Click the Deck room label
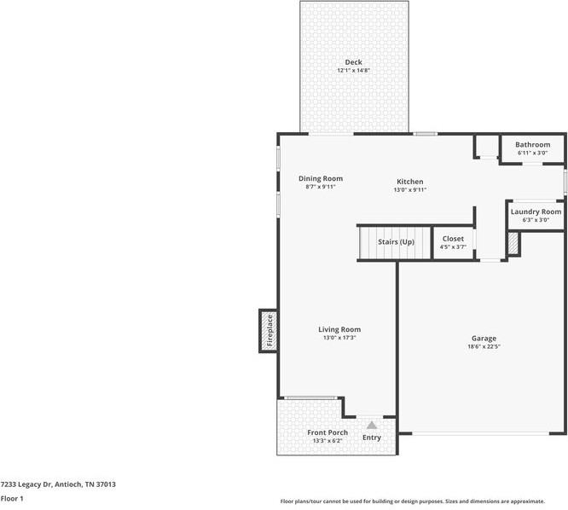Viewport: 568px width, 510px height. [353, 62]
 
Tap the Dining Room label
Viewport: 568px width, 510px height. [321, 178]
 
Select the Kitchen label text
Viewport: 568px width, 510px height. [409, 182]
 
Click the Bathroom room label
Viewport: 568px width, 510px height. [532, 145]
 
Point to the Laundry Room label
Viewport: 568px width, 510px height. [536, 212]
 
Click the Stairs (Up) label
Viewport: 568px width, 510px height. [396, 242]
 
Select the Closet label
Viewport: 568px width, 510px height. [453, 239]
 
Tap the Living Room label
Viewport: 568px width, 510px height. [339, 329]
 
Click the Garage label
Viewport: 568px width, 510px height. [484, 339]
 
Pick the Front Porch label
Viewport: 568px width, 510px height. [327, 432]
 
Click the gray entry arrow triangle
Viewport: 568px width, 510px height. [372, 423]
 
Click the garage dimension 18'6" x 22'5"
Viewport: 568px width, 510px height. [484, 347]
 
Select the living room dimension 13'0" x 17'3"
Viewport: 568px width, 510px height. [339, 338]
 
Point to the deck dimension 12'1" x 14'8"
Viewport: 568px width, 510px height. [353, 71]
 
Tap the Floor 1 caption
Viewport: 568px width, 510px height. [12, 498]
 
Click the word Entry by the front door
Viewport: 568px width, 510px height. [372, 438]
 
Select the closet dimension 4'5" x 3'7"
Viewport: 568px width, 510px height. [453, 247]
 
